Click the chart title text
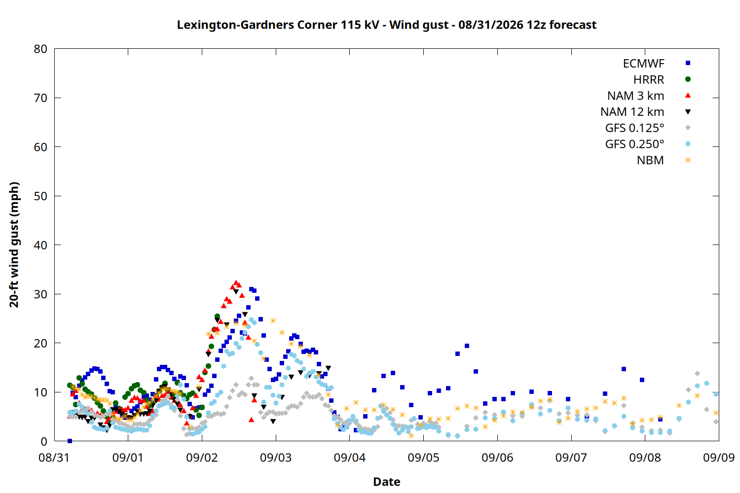(x=386, y=25)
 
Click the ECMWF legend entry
(x=643, y=64)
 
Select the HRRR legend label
(x=649, y=79)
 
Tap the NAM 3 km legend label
(x=635, y=96)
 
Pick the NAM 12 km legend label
(x=632, y=112)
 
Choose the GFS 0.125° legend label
(x=634, y=128)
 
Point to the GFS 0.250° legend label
(x=634, y=144)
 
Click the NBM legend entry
(x=650, y=160)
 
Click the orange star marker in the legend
(x=688, y=160)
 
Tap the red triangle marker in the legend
(x=688, y=96)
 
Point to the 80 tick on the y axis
(x=40, y=49)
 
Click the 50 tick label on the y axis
(x=40, y=196)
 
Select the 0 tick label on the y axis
(x=43, y=441)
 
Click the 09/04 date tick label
(x=349, y=458)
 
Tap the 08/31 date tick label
(x=54, y=458)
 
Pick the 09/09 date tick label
(x=719, y=458)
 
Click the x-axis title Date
(x=386, y=482)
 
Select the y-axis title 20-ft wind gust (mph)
(x=14, y=245)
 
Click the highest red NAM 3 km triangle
(x=236, y=283)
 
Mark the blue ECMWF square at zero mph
(x=70, y=441)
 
